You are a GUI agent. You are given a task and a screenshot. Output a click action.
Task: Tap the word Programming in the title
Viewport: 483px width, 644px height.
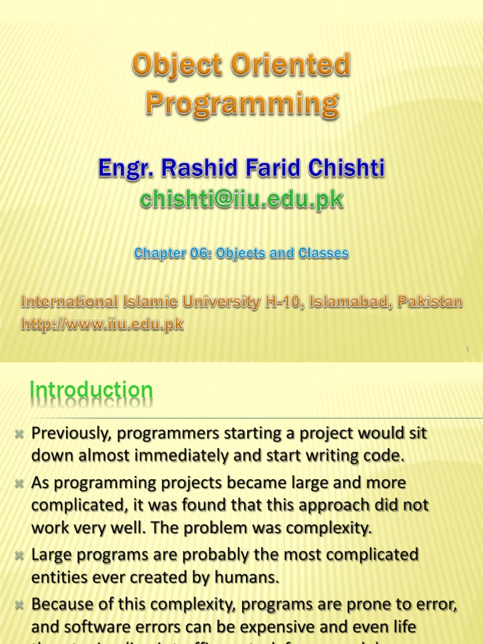(x=242, y=104)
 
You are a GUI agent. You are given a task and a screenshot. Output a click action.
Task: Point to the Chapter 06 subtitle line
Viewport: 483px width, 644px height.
(x=241, y=253)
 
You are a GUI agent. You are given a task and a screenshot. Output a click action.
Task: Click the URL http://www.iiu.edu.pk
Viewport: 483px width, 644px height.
(x=102, y=325)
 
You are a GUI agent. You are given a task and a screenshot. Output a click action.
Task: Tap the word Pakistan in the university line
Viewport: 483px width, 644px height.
(x=432, y=302)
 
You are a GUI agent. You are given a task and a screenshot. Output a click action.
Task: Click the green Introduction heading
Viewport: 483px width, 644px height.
(x=92, y=391)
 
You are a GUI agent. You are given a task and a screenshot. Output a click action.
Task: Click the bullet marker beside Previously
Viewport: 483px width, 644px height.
(x=19, y=435)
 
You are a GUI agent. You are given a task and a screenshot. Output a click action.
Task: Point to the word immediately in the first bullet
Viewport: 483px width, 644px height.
(x=160, y=456)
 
